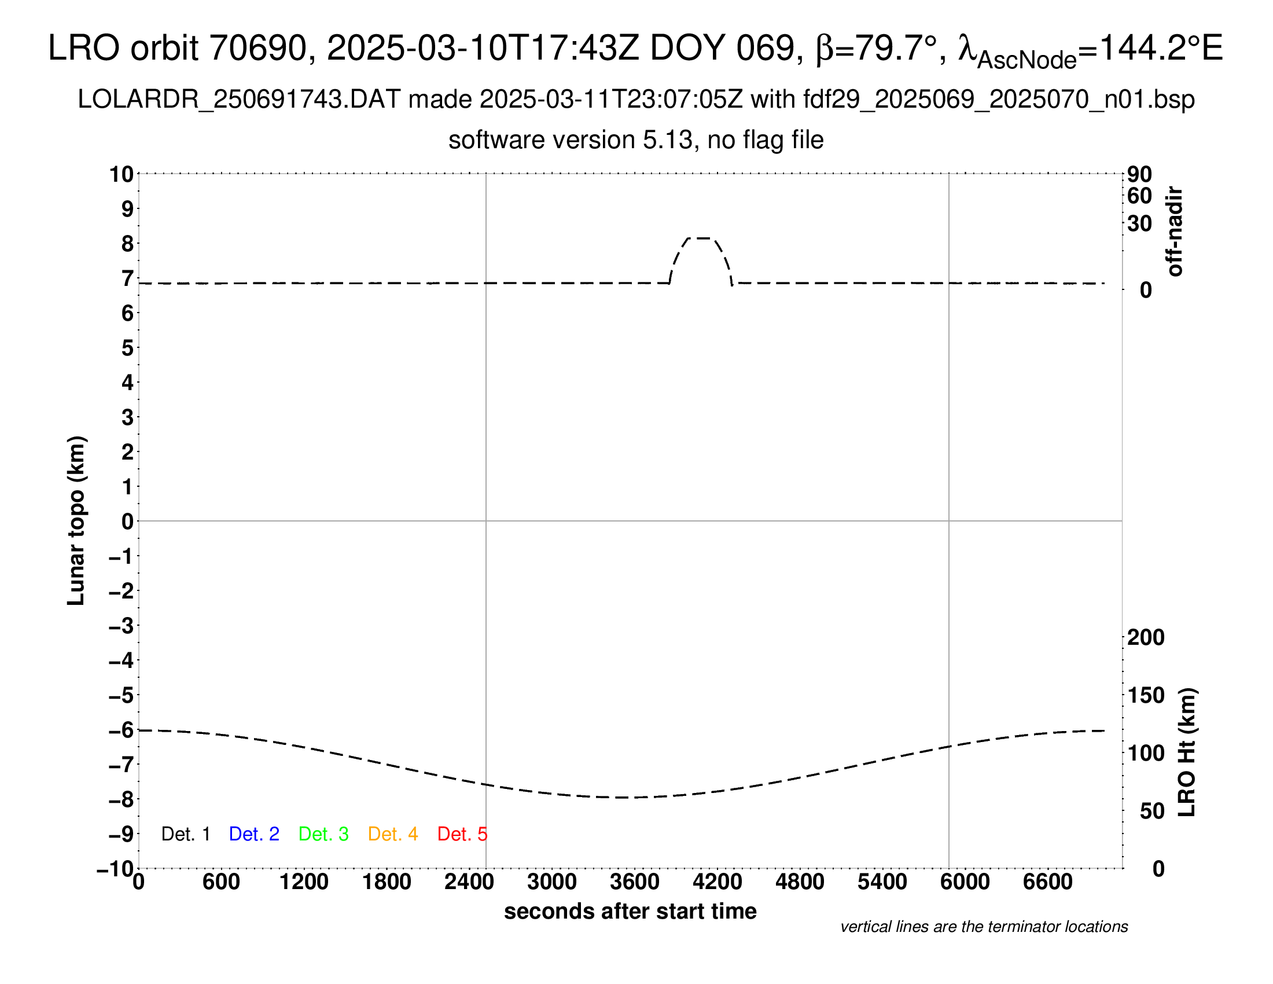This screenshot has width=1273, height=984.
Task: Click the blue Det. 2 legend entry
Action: pos(254,834)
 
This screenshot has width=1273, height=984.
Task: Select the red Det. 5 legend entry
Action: pos(462,834)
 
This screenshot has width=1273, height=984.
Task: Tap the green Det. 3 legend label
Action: pos(323,834)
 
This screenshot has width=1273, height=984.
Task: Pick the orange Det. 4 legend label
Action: pos(393,834)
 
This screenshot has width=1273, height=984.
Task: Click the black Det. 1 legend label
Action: pos(185,834)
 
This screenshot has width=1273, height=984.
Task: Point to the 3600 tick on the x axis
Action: pos(635,882)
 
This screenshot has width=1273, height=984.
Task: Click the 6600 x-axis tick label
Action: pos(1047,882)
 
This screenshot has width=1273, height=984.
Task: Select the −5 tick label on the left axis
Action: pos(122,695)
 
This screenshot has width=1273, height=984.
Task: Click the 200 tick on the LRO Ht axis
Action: pos(1146,637)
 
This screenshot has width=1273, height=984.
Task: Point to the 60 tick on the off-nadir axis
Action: pos(1139,196)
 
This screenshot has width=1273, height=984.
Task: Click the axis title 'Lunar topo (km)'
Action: pos(76,520)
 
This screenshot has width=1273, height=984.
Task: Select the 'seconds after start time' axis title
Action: pos(630,911)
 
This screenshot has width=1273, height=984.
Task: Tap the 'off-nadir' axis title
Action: pos(1175,232)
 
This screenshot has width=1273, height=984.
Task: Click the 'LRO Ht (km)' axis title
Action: pos(1187,752)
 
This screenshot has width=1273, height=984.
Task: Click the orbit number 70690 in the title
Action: pos(258,48)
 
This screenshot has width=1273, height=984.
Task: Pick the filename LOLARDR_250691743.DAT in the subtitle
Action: pos(239,100)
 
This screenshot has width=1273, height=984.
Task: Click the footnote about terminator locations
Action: pos(984,927)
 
